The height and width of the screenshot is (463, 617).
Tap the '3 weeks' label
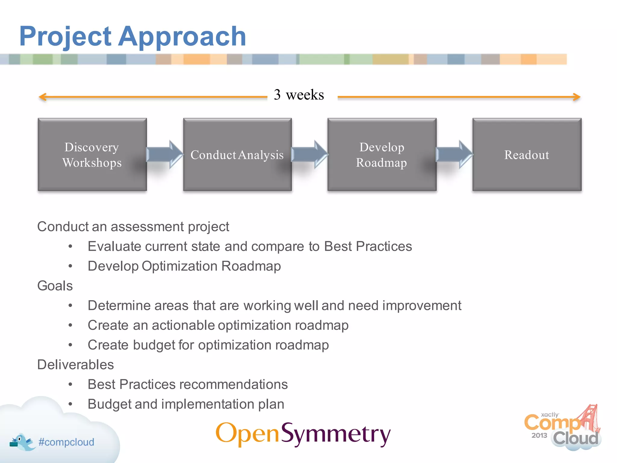pyautogui.click(x=299, y=95)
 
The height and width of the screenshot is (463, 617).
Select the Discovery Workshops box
pyautogui.click(x=92, y=155)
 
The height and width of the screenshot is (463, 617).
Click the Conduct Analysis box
pyautogui.click(x=237, y=155)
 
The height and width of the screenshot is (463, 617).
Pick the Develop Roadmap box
pyautogui.click(x=382, y=155)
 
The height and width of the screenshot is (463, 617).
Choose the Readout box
pyautogui.click(x=527, y=155)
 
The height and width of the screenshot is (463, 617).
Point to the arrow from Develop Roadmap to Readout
pyautogui.click(x=454, y=154)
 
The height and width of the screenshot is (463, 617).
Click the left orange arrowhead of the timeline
pyautogui.click(x=42, y=97)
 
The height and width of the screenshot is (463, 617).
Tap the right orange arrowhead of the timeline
pyautogui.click(x=577, y=97)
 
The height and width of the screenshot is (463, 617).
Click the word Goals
pyautogui.click(x=55, y=286)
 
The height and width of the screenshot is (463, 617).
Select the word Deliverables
pyautogui.click(x=76, y=365)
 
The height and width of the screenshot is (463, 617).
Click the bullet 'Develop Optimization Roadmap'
pyautogui.click(x=184, y=266)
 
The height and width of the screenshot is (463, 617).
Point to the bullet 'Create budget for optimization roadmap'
pyautogui.click(x=208, y=345)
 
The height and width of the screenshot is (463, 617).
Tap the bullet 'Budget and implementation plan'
pyautogui.click(x=186, y=404)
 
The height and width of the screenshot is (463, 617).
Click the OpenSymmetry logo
pyautogui.click(x=303, y=434)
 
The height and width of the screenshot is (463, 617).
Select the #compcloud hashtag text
pyautogui.click(x=66, y=442)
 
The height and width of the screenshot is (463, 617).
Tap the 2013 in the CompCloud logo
pyautogui.click(x=539, y=435)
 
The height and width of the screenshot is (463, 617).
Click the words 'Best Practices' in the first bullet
pyautogui.click(x=368, y=246)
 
